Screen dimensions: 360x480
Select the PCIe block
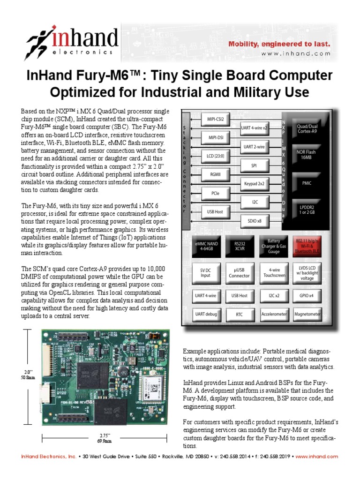[x=215, y=193]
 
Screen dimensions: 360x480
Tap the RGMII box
[x=215, y=174]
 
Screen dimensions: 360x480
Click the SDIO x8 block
[x=255, y=221]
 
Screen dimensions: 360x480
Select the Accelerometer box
[x=274, y=314]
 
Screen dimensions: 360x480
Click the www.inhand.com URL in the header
[x=296, y=54]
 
